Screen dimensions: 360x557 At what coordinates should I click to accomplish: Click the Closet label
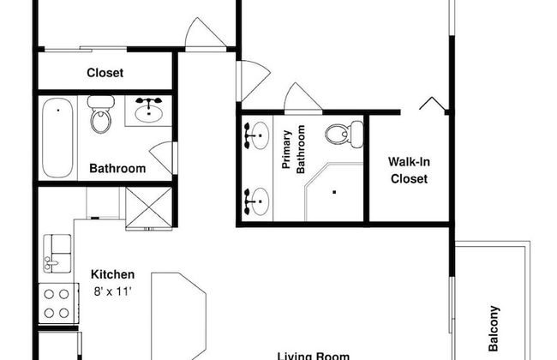pos(105,73)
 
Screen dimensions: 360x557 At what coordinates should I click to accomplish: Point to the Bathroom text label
pos(117,169)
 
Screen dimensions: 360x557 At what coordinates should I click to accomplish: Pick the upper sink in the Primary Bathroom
pos(255,135)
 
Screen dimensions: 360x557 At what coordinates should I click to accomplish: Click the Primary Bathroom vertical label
pos(294,150)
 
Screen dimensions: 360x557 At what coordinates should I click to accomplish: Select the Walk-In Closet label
pos(408,171)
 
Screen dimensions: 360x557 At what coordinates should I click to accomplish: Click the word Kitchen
pos(113,275)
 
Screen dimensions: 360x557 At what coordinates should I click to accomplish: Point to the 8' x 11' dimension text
pos(113,291)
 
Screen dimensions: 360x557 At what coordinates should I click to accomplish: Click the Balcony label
pos(494,329)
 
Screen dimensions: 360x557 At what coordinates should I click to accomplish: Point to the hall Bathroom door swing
pos(163,157)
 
